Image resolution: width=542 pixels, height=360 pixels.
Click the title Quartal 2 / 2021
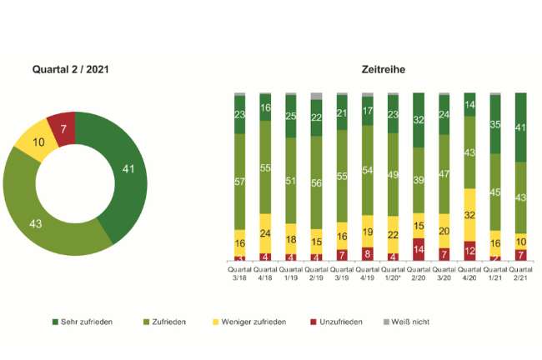click(70, 69)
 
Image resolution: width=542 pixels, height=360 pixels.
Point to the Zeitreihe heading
click(383, 69)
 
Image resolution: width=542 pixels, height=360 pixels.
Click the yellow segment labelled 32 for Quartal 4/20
click(470, 215)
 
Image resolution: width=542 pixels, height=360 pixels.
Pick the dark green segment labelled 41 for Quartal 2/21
click(521, 127)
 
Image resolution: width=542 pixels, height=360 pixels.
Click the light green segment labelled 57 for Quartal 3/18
click(240, 182)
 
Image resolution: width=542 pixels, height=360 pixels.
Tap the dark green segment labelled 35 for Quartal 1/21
click(496, 125)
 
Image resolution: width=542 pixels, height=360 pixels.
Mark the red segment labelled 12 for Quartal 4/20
click(470, 251)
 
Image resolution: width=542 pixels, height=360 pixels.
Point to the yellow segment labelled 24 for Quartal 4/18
click(265, 233)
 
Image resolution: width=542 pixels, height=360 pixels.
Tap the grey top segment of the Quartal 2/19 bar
click(317, 96)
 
